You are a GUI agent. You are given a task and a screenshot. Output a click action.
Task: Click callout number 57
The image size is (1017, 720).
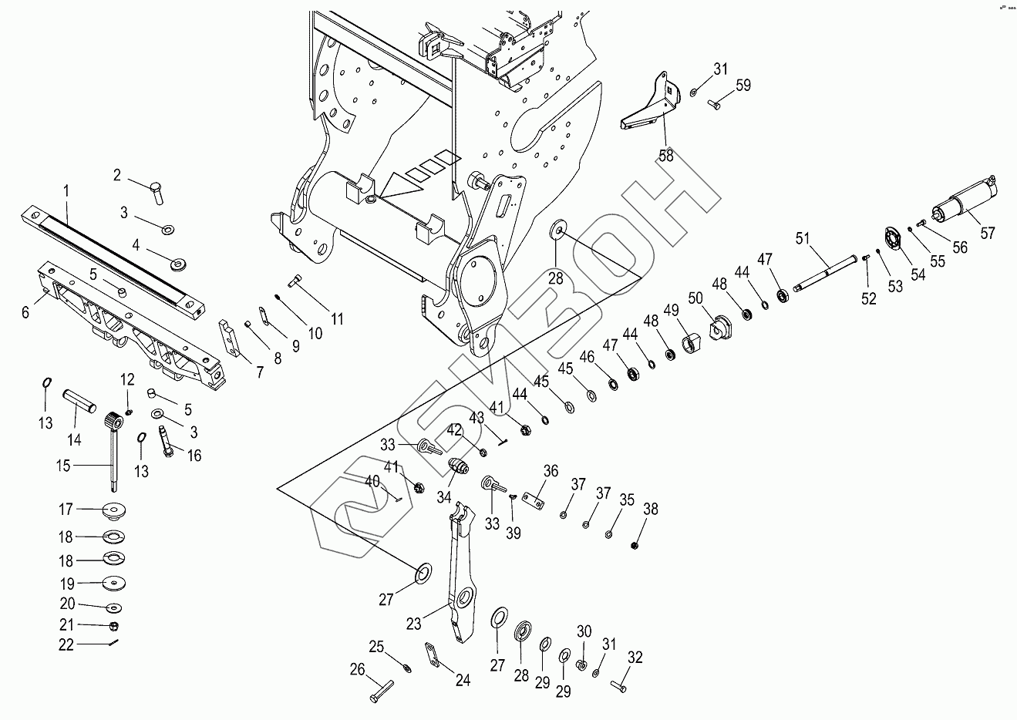pyautogui.click(x=988, y=232)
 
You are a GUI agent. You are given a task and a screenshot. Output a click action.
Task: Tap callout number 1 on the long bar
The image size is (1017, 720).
pyautogui.click(x=66, y=190)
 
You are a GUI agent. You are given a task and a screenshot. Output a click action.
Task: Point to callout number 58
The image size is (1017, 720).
pyautogui.click(x=665, y=155)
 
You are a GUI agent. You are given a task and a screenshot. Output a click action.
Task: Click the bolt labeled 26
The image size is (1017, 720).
pyautogui.click(x=380, y=690)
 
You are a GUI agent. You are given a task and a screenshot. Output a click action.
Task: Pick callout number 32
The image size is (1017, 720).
pyautogui.click(x=635, y=658)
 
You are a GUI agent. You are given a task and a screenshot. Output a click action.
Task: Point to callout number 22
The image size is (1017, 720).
pyautogui.click(x=66, y=644)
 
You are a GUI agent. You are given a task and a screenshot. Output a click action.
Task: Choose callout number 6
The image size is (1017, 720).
pyautogui.click(x=25, y=312)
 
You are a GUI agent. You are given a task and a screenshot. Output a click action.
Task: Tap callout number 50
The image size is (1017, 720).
pyautogui.click(x=695, y=298)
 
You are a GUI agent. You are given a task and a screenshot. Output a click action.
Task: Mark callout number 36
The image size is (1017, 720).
pyautogui.click(x=551, y=471)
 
